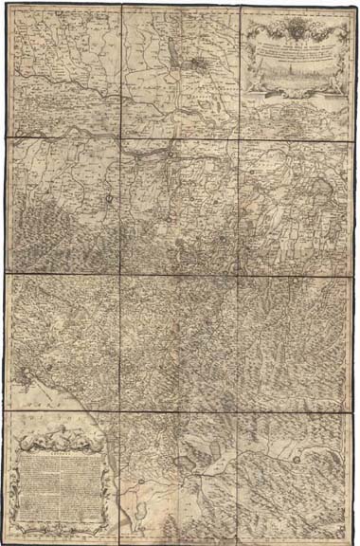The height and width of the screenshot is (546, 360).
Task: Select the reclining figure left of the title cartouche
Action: [x=256, y=83]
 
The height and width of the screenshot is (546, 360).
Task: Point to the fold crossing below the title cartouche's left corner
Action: [x=241, y=138]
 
